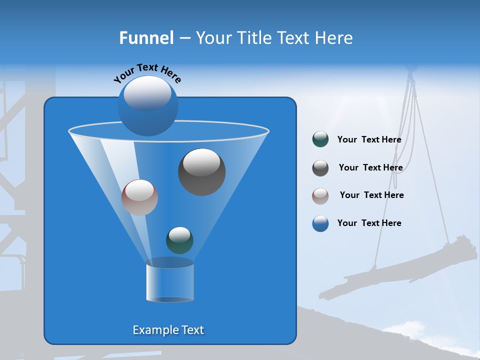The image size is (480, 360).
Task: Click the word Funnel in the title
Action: pyautogui.click(x=146, y=38)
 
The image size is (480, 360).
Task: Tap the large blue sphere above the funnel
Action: pyautogui.click(x=147, y=105)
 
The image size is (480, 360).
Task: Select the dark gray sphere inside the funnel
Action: pyautogui.click(x=201, y=171)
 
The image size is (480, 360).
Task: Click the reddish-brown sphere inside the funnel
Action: pyautogui.click(x=139, y=197)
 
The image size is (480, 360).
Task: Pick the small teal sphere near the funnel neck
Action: pyautogui.click(x=179, y=239)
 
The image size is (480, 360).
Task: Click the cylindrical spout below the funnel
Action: pyautogui.click(x=169, y=282)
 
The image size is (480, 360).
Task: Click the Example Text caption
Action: pyautogui.click(x=168, y=330)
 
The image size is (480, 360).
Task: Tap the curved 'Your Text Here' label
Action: pyautogui.click(x=147, y=72)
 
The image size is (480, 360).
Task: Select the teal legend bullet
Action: pyautogui.click(x=320, y=139)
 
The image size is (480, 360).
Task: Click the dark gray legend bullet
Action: pyautogui.click(x=320, y=168)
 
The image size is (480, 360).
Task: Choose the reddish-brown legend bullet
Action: pyautogui.click(x=320, y=195)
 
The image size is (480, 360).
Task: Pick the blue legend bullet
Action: pyautogui.click(x=320, y=223)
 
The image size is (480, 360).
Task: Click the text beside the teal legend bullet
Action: pyautogui.click(x=369, y=139)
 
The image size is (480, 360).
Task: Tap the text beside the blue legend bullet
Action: pyautogui.click(x=369, y=223)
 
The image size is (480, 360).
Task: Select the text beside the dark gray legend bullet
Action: pyautogui.click(x=370, y=167)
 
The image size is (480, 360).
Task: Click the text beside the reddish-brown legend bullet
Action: pyautogui.click(x=371, y=195)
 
